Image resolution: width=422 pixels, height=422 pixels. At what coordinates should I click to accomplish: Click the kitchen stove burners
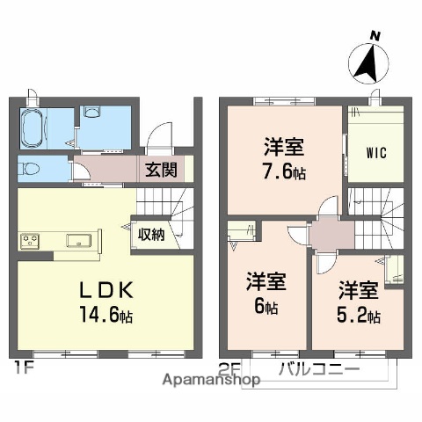[28, 240]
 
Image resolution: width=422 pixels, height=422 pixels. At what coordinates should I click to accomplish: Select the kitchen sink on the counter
[78, 240]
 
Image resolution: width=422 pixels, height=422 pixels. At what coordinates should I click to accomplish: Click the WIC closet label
[376, 151]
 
